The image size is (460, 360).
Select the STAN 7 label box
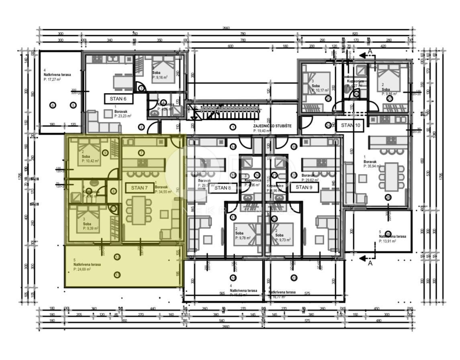coord(139,187)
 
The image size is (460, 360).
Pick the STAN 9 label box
coord(304,187)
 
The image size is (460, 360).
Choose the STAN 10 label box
coord(350,125)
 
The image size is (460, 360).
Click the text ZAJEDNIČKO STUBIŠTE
coord(272,126)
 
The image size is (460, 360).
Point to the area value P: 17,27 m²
coord(52,79)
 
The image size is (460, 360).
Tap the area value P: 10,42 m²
coord(90,161)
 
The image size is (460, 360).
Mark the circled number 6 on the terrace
coord(52,105)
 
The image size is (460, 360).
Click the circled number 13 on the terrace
coord(117,275)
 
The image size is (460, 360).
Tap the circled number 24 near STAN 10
coord(329,125)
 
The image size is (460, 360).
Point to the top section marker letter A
coord(370,51)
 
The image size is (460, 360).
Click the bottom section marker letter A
coord(370,263)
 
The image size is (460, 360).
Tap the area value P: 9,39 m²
coord(90,228)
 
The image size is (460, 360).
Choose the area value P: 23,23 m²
coord(123,116)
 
